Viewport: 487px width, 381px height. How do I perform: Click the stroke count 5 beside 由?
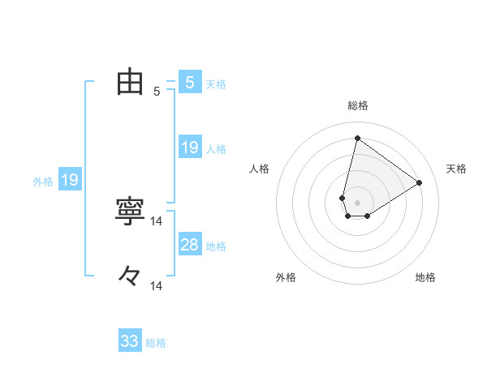[x=157, y=92]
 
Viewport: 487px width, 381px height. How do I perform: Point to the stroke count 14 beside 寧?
[x=157, y=220]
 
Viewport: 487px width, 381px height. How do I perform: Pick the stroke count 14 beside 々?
[x=157, y=286]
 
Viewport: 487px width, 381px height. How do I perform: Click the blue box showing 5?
[x=190, y=83]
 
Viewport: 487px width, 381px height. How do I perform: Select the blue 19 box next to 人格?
[x=190, y=148]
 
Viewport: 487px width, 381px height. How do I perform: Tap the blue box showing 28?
[x=190, y=245]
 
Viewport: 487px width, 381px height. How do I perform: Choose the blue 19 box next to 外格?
[x=70, y=180]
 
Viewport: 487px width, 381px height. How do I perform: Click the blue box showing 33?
[x=130, y=341]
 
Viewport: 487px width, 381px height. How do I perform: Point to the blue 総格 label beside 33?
[x=156, y=343]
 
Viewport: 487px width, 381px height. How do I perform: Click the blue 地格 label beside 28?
[x=216, y=246]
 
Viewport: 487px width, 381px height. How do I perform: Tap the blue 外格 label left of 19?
[x=43, y=182]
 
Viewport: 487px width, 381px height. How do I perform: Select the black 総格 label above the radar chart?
[x=358, y=105]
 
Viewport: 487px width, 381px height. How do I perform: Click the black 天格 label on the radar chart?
[x=457, y=169]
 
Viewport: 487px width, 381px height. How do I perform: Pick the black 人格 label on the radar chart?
[x=260, y=169]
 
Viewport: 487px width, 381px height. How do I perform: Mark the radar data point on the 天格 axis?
[x=420, y=182]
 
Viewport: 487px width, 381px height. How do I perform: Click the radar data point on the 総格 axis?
[x=357, y=138]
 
